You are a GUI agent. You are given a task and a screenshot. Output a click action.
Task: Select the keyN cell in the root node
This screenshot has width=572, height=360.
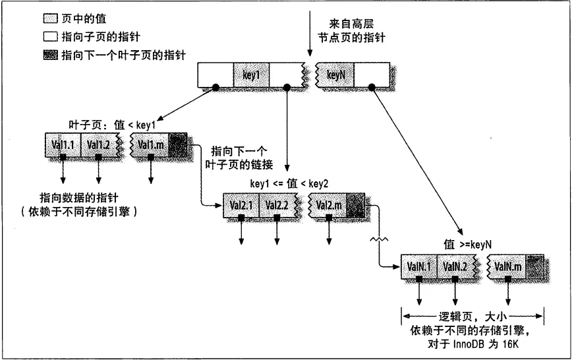336,75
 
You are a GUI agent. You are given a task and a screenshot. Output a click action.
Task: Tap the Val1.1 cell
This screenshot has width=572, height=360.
62,144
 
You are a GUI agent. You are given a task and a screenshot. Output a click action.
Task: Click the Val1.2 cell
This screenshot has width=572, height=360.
98,144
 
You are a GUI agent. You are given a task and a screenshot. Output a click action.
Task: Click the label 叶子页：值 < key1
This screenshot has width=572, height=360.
112,123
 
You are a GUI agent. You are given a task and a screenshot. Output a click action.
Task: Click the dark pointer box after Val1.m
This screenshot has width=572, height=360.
178,144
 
